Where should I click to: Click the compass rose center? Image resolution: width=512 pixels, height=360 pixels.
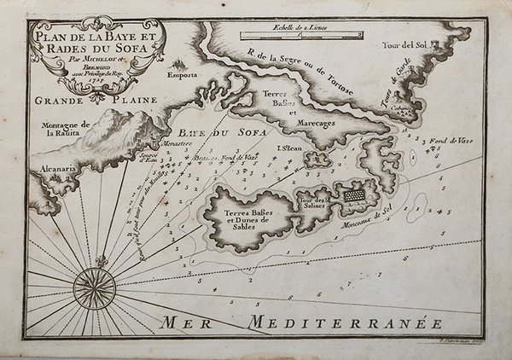coord(88,282)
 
